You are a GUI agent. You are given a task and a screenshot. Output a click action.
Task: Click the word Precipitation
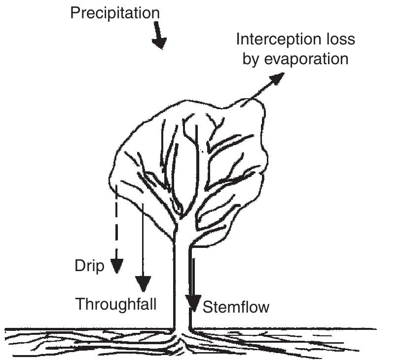coord(114,13)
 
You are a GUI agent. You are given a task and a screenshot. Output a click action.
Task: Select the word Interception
coord(279,39)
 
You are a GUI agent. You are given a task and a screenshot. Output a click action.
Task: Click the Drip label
coord(89,266)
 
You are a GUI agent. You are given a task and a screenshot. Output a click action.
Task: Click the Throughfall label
coord(115,304)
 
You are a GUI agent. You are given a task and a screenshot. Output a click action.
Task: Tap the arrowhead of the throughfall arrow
coord(143,283)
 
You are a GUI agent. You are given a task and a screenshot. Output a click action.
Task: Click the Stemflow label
coord(236,307)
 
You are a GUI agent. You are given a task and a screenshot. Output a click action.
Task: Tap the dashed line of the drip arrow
coord(116,222)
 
